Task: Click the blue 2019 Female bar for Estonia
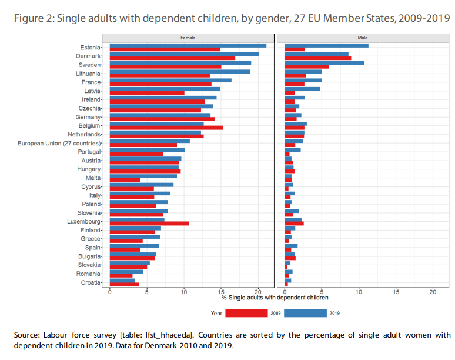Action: pyautogui.click(x=188, y=45)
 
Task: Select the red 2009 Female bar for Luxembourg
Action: pyautogui.click(x=149, y=224)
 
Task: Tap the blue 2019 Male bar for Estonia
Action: pyautogui.click(x=326, y=45)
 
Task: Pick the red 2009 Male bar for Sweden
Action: pyautogui.click(x=306, y=66)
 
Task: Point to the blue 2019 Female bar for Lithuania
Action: pyautogui.click(x=180, y=71)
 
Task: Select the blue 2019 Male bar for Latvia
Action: pyautogui.click(x=302, y=89)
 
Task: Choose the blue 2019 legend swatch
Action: pyautogui.click(x=306, y=314)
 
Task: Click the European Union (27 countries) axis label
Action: pyautogui.click(x=59, y=143)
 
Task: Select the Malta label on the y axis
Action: pyautogui.click(x=93, y=178)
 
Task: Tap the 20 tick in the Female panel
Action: pyautogui.click(x=258, y=292)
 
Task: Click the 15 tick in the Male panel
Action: pyautogui.click(x=396, y=292)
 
